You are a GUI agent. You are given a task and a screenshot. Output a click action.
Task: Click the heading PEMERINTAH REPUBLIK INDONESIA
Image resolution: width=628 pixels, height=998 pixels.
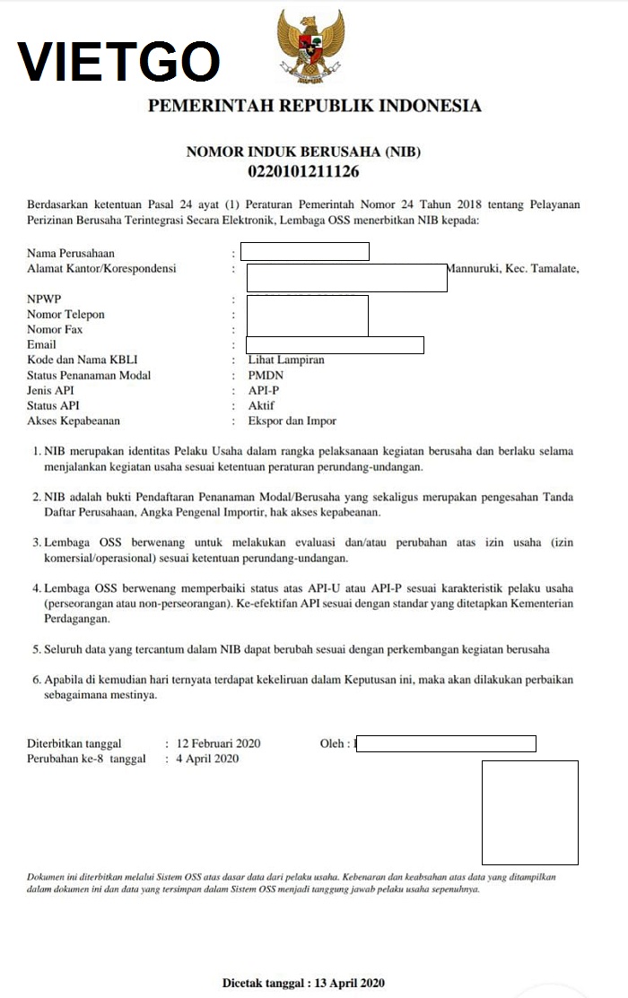click(x=314, y=107)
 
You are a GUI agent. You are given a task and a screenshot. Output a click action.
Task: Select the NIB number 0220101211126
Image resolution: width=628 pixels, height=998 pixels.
click(x=303, y=170)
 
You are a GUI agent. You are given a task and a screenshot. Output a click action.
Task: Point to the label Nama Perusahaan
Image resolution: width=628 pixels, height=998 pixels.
click(x=71, y=253)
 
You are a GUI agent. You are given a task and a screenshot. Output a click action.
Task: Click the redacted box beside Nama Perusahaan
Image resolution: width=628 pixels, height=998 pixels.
click(x=304, y=251)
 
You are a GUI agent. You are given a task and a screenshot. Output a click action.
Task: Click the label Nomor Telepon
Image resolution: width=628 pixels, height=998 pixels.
click(x=65, y=315)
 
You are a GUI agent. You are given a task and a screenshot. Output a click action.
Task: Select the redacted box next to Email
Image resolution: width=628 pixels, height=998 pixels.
click(x=335, y=345)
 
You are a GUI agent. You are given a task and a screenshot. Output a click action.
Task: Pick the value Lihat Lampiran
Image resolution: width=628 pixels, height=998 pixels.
click(x=286, y=360)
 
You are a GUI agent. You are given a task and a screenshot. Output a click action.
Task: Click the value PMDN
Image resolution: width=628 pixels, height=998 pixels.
click(x=266, y=376)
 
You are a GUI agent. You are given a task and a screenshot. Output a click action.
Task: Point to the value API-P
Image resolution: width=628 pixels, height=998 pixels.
click(x=265, y=391)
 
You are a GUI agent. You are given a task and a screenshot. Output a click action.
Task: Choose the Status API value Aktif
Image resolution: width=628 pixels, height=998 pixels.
click(x=263, y=406)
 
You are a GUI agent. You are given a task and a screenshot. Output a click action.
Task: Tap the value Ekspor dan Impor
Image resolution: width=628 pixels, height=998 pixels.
click(x=292, y=421)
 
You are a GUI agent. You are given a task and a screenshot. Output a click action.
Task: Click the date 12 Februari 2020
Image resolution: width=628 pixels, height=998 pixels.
click(x=219, y=743)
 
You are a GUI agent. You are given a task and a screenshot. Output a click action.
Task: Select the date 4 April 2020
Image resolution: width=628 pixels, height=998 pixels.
click(x=208, y=759)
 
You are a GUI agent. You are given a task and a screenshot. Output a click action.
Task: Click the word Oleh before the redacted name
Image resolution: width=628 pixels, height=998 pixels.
click(x=332, y=743)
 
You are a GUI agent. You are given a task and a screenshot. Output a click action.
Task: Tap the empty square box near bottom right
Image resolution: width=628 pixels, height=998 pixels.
click(x=529, y=812)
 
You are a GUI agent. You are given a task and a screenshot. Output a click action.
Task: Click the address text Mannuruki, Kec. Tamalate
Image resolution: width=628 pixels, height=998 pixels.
click(x=513, y=268)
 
